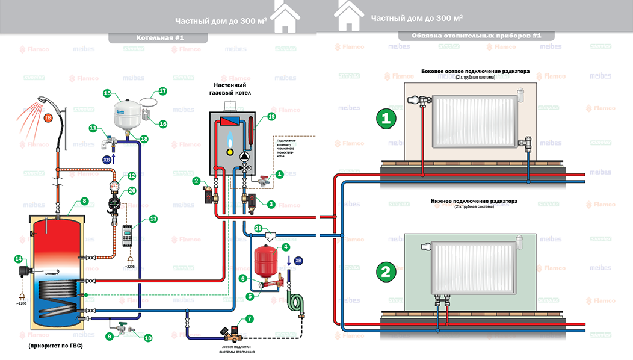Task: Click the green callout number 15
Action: point(107,93)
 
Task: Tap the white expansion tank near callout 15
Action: point(128,114)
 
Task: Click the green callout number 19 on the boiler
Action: point(271,116)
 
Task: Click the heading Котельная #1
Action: point(159,38)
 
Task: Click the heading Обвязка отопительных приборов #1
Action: point(477,36)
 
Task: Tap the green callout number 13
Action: point(153,219)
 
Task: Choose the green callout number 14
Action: point(18,259)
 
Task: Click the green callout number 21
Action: point(258,228)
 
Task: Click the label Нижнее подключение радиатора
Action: point(462,200)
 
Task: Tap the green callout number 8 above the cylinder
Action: point(84,201)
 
